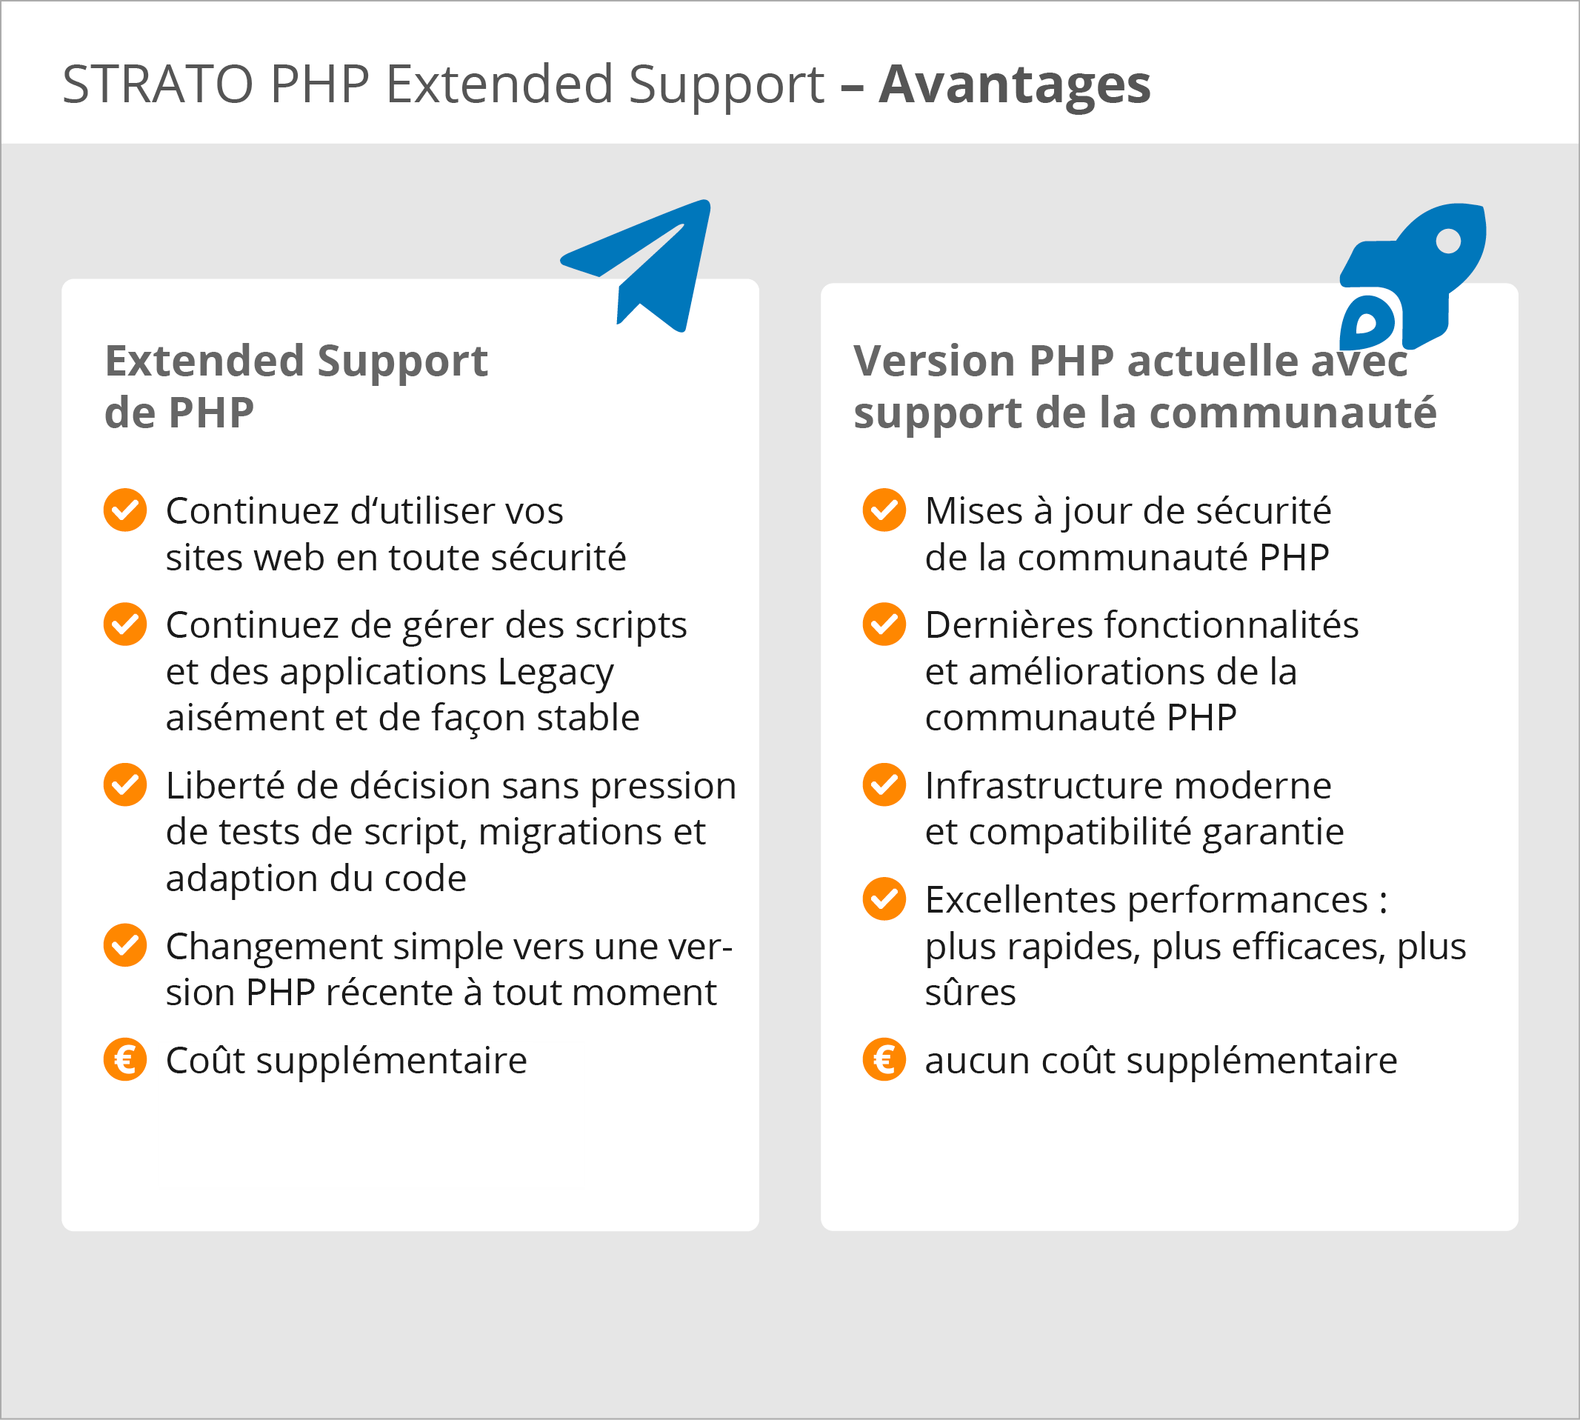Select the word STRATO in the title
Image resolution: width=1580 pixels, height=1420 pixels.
point(158,84)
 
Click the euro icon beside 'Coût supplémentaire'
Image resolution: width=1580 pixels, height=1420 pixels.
point(125,1059)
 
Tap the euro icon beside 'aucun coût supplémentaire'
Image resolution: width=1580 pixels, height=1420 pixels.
point(884,1059)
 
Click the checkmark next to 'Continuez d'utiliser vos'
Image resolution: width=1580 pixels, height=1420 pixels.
point(125,510)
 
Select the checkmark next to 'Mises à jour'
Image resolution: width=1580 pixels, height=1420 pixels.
point(884,510)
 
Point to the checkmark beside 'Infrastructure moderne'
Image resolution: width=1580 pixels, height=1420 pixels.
point(884,785)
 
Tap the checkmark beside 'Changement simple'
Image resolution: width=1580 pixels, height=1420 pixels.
point(125,946)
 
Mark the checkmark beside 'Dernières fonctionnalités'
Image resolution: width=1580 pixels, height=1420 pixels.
point(884,624)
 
